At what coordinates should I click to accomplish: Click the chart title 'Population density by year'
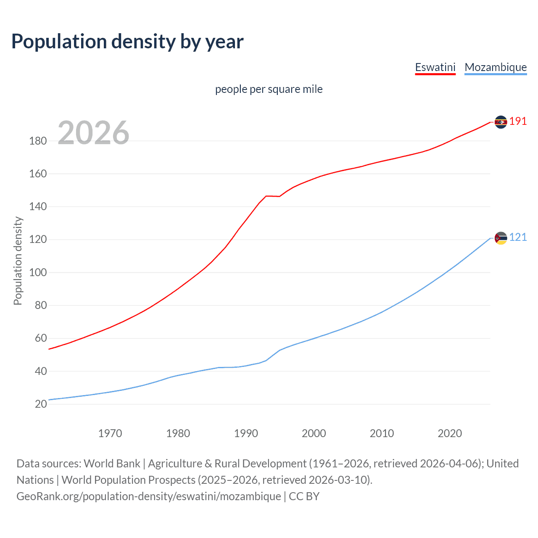[x=127, y=42]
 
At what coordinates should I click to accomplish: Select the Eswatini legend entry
[x=435, y=67]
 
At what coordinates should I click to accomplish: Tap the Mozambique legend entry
[x=496, y=67]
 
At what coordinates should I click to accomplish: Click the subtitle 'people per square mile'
[x=269, y=89]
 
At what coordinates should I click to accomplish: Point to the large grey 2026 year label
[x=93, y=133]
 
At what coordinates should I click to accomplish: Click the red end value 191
[x=518, y=121]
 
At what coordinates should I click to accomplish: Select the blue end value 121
[x=518, y=237]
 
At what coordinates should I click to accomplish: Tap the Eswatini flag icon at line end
[x=501, y=122]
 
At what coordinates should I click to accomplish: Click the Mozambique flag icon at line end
[x=501, y=238]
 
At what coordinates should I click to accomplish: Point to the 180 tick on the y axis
[x=38, y=141]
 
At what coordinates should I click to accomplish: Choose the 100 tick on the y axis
[x=38, y=273]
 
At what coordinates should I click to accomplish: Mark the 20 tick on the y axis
[x=41, y=404]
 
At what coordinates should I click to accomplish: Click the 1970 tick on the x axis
[x=110, y=433]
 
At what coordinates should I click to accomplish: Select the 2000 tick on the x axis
[x=314, y=433]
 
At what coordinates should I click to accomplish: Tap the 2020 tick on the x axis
[x=450, y=433]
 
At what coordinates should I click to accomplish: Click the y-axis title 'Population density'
[x=18, y=261]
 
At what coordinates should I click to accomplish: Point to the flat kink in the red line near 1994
[x=272, y=196]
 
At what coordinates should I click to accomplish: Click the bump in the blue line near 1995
[x=280, y=350]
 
